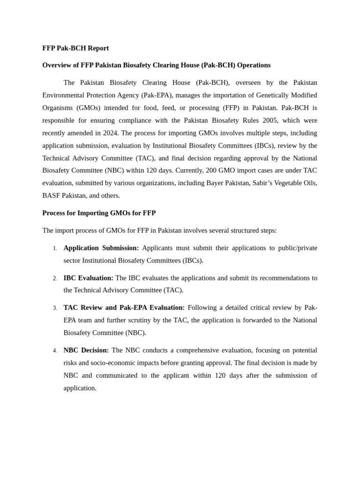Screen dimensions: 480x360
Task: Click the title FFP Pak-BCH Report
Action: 75,48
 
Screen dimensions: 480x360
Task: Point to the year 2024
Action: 109,133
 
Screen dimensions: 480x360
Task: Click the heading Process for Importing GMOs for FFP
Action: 99,213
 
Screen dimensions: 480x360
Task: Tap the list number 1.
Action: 55,248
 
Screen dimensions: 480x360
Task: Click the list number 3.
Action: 55,308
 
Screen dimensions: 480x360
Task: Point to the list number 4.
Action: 55,351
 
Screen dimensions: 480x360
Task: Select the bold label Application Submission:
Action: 101,247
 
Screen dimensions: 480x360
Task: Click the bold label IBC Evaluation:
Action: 88,278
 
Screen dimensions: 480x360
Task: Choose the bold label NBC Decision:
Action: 86,350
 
